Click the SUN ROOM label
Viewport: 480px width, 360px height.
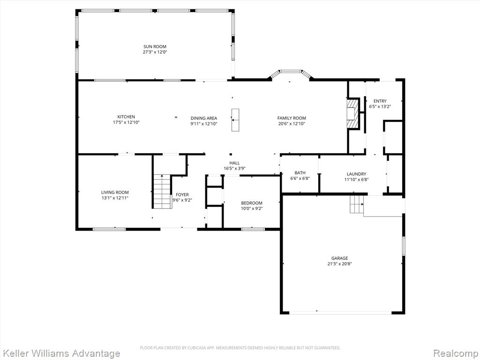click(155, 46)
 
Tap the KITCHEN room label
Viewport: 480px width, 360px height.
click(126, 117)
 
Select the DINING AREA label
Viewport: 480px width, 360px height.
click(204, 118)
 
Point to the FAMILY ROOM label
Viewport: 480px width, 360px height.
click(292, 118)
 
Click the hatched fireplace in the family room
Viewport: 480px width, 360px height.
click(352, 114)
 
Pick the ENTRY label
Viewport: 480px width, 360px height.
click(380, 101)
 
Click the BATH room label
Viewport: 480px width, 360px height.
click(300, 172)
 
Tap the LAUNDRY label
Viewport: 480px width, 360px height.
click(356, 174)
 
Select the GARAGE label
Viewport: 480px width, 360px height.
click(339, 258)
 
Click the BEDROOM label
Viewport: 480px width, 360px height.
click(252, 203)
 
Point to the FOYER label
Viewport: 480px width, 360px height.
click(182, 195)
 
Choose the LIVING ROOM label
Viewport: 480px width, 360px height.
click(115, 192)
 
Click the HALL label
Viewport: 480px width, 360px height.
click(234, 163)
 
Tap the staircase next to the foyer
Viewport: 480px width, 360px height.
click(162, 191)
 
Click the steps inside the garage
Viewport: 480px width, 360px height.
click(357, 204)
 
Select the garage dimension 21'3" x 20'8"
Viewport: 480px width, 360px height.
click(339, 263)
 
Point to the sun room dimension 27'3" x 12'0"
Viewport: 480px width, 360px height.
click(155, 52)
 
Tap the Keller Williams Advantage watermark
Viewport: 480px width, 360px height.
click(60, 353)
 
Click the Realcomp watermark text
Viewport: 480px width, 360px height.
click(456, 353)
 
